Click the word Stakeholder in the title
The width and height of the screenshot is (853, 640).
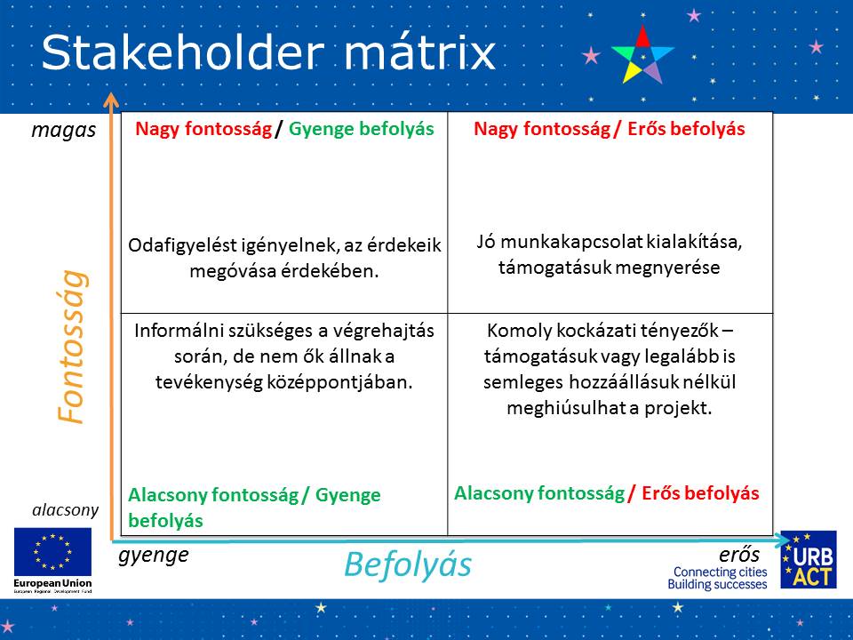coord(183,52)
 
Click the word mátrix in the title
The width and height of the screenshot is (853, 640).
coord(419,52)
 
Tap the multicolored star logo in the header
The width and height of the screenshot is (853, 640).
coord(642,54)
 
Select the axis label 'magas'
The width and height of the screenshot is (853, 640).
coord(64,131)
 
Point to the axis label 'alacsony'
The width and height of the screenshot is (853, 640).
coord(65,510)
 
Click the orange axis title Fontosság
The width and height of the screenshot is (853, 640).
coord(72,347)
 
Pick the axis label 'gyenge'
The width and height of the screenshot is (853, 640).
coord(154,556)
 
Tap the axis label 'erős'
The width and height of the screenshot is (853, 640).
coord(739,555)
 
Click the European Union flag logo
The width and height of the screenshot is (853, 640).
coord(52,551)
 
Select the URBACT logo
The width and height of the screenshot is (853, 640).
coord(809,559)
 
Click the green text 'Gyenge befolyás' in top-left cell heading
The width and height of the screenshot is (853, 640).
coord(362,129)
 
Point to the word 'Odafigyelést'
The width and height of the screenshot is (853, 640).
coord(179,246)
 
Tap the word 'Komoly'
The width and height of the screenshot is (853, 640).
coord(513,331)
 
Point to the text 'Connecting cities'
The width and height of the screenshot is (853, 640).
coord(721,572)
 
